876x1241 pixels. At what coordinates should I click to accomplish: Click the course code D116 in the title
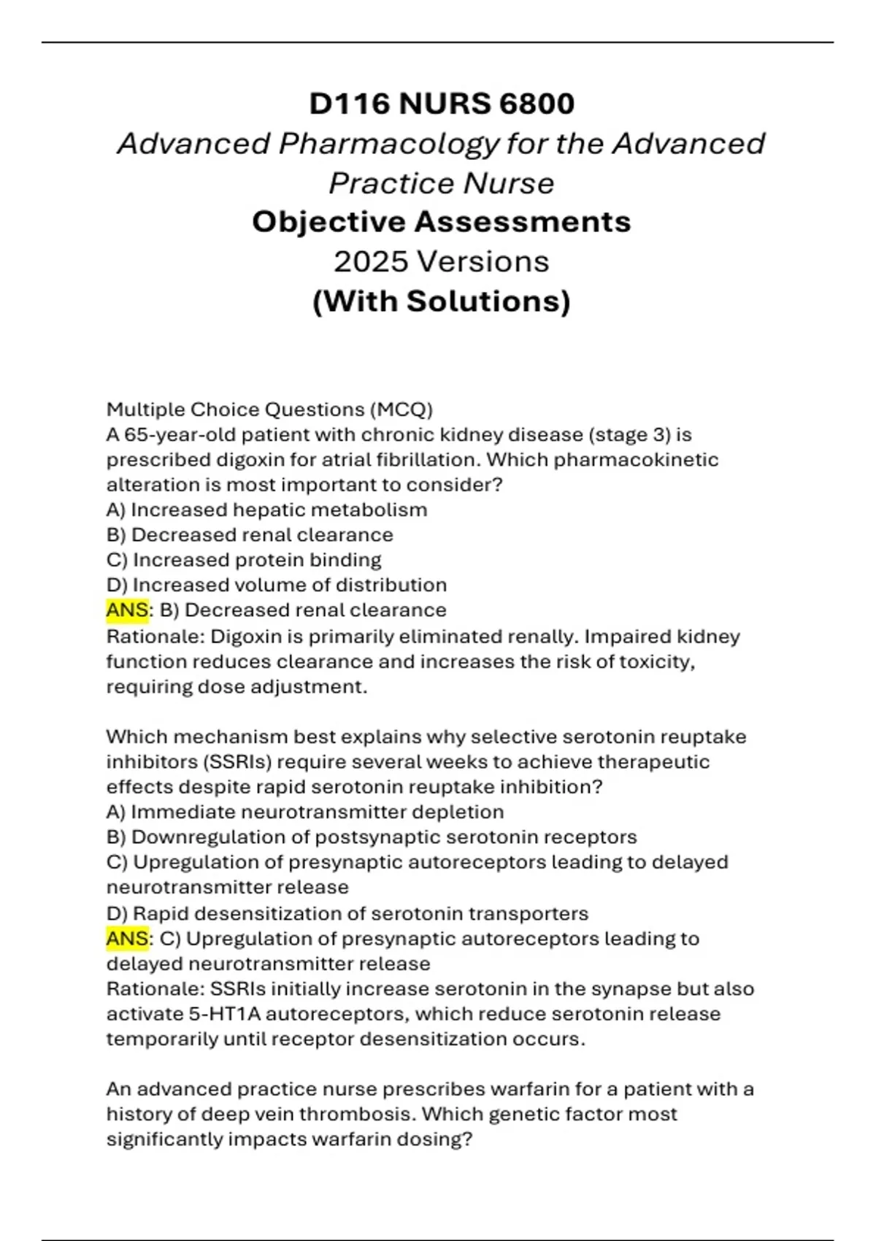coord(349,104)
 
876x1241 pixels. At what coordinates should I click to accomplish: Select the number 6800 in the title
coord(537,104)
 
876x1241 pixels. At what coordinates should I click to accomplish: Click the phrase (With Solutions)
coord(441,301)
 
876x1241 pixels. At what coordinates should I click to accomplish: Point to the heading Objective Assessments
coord(441,222)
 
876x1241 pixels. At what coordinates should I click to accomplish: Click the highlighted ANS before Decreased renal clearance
coord(127,610)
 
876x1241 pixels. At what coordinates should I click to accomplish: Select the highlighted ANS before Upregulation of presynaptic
coord(127,939)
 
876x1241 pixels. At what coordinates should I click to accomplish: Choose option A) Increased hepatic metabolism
coord(266,510)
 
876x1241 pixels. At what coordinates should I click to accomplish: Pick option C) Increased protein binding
coord(244,560)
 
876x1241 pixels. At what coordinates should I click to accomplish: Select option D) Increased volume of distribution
coord(277,585)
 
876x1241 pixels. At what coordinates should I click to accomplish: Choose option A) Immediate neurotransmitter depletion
coord(305,812)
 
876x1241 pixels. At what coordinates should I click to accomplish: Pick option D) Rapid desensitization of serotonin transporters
coord(347,913)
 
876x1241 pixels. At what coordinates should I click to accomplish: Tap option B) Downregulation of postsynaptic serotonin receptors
coord(372,837)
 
